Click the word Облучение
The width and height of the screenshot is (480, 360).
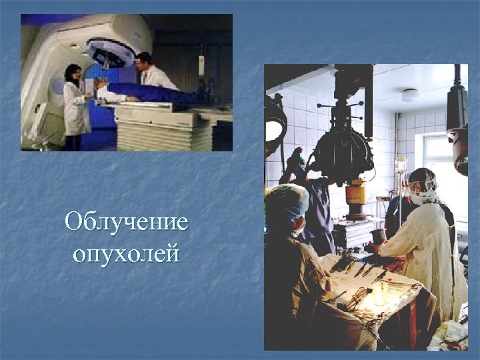(x=126, y=222)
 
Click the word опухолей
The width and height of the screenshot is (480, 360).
(x=126, y=253)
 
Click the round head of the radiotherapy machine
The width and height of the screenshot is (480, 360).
(x=111, y=51)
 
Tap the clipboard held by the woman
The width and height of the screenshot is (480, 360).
(x=89, y=86)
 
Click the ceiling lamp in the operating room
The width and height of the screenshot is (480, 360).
(x=410, y=95)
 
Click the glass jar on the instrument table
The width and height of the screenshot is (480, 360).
(x=380, y=293)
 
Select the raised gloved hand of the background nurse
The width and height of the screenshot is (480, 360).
(x=295, y=157)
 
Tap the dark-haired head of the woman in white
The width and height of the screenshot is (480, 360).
(x=72, y=71)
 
